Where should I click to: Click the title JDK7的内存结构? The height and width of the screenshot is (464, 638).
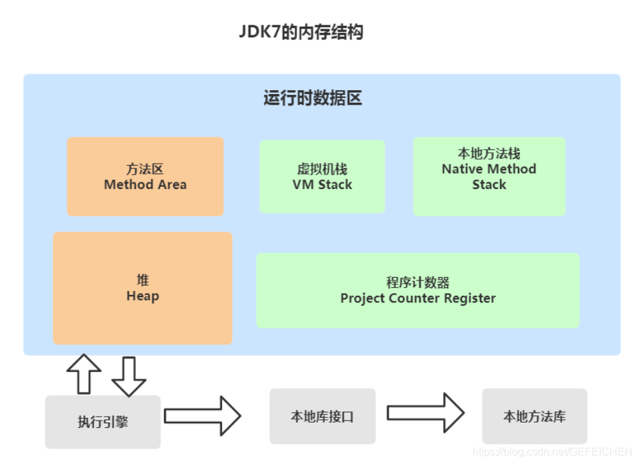(301, 32)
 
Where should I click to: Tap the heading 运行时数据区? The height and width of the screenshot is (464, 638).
(313, 99)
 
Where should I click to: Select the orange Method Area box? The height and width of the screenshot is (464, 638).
(145, 176)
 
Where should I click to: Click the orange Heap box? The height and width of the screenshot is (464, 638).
(142, 288)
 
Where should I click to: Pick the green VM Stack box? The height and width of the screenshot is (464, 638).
(322, 177)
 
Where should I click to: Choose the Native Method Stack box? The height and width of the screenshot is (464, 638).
(489, 176)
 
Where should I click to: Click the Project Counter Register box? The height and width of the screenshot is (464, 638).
(417, 290)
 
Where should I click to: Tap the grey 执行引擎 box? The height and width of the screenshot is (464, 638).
(103, 422)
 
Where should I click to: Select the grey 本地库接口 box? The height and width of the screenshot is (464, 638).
(322, 417)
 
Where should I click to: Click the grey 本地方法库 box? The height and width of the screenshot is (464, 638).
(534, 417)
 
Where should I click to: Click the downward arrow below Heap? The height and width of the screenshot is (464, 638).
(128, 377)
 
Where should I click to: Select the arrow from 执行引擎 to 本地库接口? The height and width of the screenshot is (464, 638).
(202, 415)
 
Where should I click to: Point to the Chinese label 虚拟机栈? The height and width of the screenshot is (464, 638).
(322, 170)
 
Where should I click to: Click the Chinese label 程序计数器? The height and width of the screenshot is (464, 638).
(417, 282)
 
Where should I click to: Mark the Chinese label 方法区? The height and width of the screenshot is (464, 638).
(145, 169)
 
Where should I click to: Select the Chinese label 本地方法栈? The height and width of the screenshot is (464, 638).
(489, 154)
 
